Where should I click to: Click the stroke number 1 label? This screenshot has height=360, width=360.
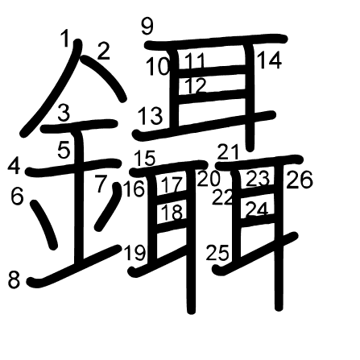(x=65, y=38)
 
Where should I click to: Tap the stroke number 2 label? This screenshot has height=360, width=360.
(x=104, y=52)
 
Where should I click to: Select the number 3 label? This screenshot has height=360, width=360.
(x=64, y=113)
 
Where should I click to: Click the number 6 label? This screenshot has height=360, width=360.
(x=17, y=197)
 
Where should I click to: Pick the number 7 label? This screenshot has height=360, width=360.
(x=101, y=184)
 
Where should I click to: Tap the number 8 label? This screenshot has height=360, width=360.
(x=14, y=279)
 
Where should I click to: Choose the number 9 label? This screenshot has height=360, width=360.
(x=147, y=27)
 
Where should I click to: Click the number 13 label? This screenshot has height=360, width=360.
(x=151, y=116)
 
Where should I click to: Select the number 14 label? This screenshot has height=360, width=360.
(x=270, y=60)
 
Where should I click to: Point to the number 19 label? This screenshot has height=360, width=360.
(x=135, y=253)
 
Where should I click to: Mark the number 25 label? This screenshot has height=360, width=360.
(x=217, y=253)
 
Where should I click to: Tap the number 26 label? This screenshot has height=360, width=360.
(x=300, y=180)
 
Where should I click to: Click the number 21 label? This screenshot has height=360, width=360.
(x=228, y=151)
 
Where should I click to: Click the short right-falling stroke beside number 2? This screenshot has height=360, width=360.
(x=104, y=77)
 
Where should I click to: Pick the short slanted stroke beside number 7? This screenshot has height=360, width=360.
(x=108, y=206)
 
